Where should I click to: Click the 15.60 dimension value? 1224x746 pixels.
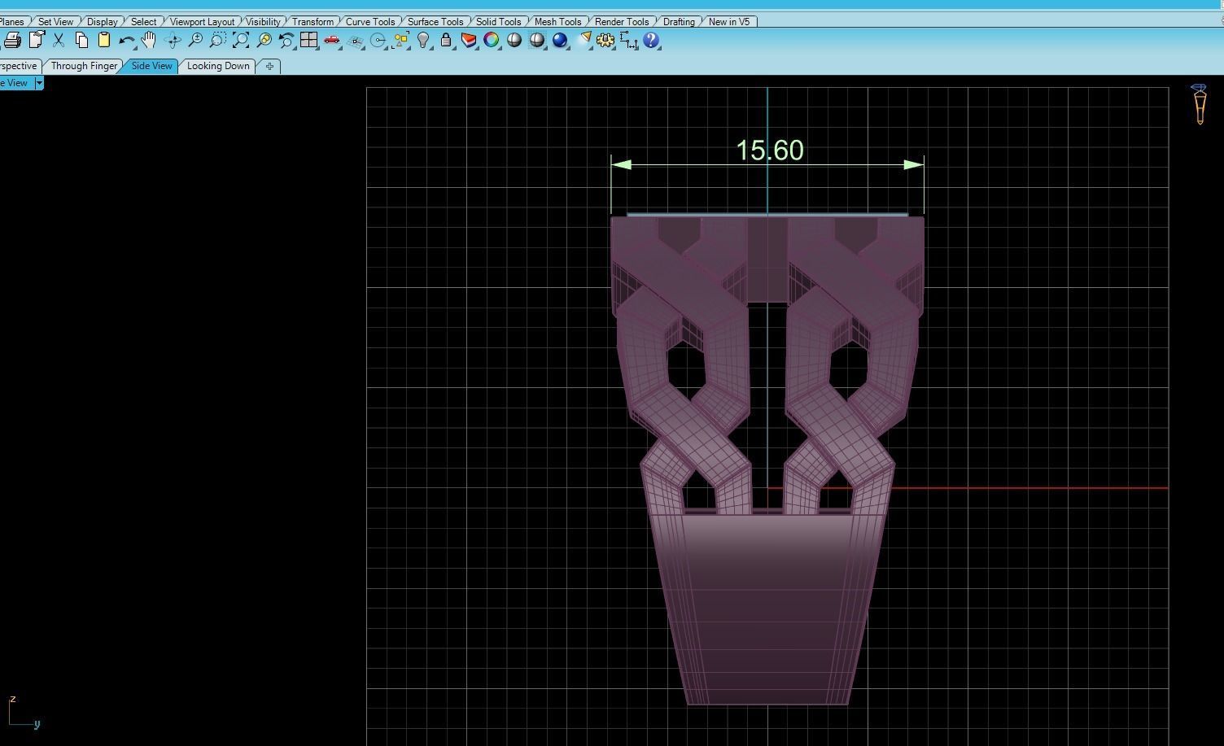(769, 151)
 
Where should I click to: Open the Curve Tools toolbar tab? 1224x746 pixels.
(370, 22)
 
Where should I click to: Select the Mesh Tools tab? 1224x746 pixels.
(557, 22)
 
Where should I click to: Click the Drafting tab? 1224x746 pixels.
(679, 22)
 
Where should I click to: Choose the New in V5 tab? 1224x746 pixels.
(728, 22)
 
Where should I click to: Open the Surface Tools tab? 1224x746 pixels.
(435, 22)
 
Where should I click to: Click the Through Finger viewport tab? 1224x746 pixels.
(84, 66)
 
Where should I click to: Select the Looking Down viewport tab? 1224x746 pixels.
(218, 66)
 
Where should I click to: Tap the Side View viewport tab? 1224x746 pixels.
(152, 66)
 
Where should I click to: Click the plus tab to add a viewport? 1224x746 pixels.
(269, 66)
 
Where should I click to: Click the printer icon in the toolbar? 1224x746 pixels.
(12, 40)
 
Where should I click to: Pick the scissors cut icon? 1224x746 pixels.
(59, 40)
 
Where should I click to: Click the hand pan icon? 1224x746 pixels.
(148, 40)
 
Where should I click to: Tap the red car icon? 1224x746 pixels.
(331, 40)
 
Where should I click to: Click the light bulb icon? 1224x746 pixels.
(423, 40)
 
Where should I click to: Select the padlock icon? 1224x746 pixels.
(446, 40)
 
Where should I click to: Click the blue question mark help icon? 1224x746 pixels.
(651, 40)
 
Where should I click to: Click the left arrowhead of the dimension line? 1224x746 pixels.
(621, 165)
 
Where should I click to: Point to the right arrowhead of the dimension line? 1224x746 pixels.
(913, 165)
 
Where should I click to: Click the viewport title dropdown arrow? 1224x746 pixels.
(39, 83)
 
